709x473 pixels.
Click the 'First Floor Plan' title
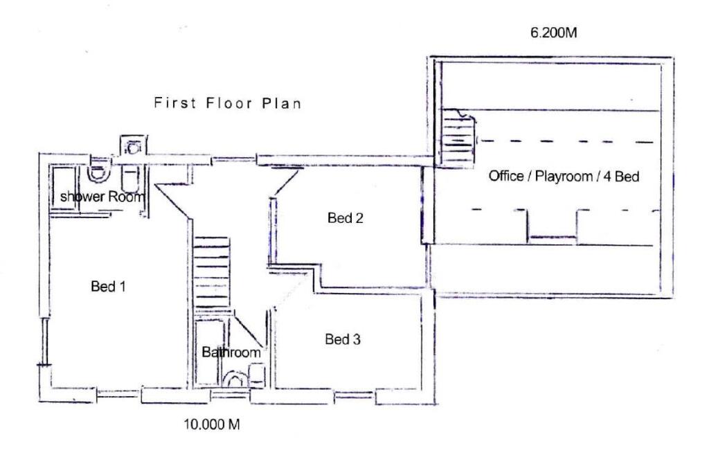[227, 104]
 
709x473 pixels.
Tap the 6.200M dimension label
[553, 33]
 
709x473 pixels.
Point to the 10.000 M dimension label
[211, 425]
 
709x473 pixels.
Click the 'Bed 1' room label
[108, 286]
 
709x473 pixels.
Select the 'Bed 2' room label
[345, 218]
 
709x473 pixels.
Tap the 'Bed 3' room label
[343, 339]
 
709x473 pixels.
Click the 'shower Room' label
[102, 197]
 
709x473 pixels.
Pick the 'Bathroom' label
[231, 352]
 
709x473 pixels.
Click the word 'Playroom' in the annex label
[568, 176]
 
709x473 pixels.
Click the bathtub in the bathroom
[208, 350]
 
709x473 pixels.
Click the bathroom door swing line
[249, 331]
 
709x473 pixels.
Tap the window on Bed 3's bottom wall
[354, 398]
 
